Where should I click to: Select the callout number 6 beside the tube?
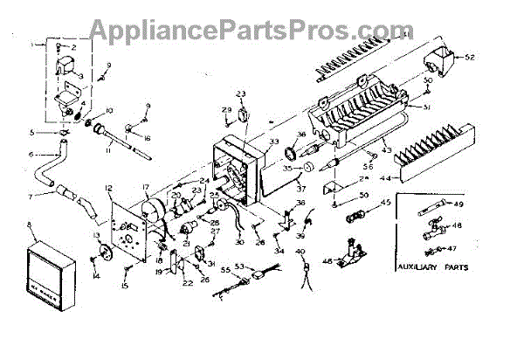[31, 154]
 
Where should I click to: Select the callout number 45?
[385, 204]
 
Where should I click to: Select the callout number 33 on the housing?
[274, 142]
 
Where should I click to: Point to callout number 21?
[187, 242]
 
